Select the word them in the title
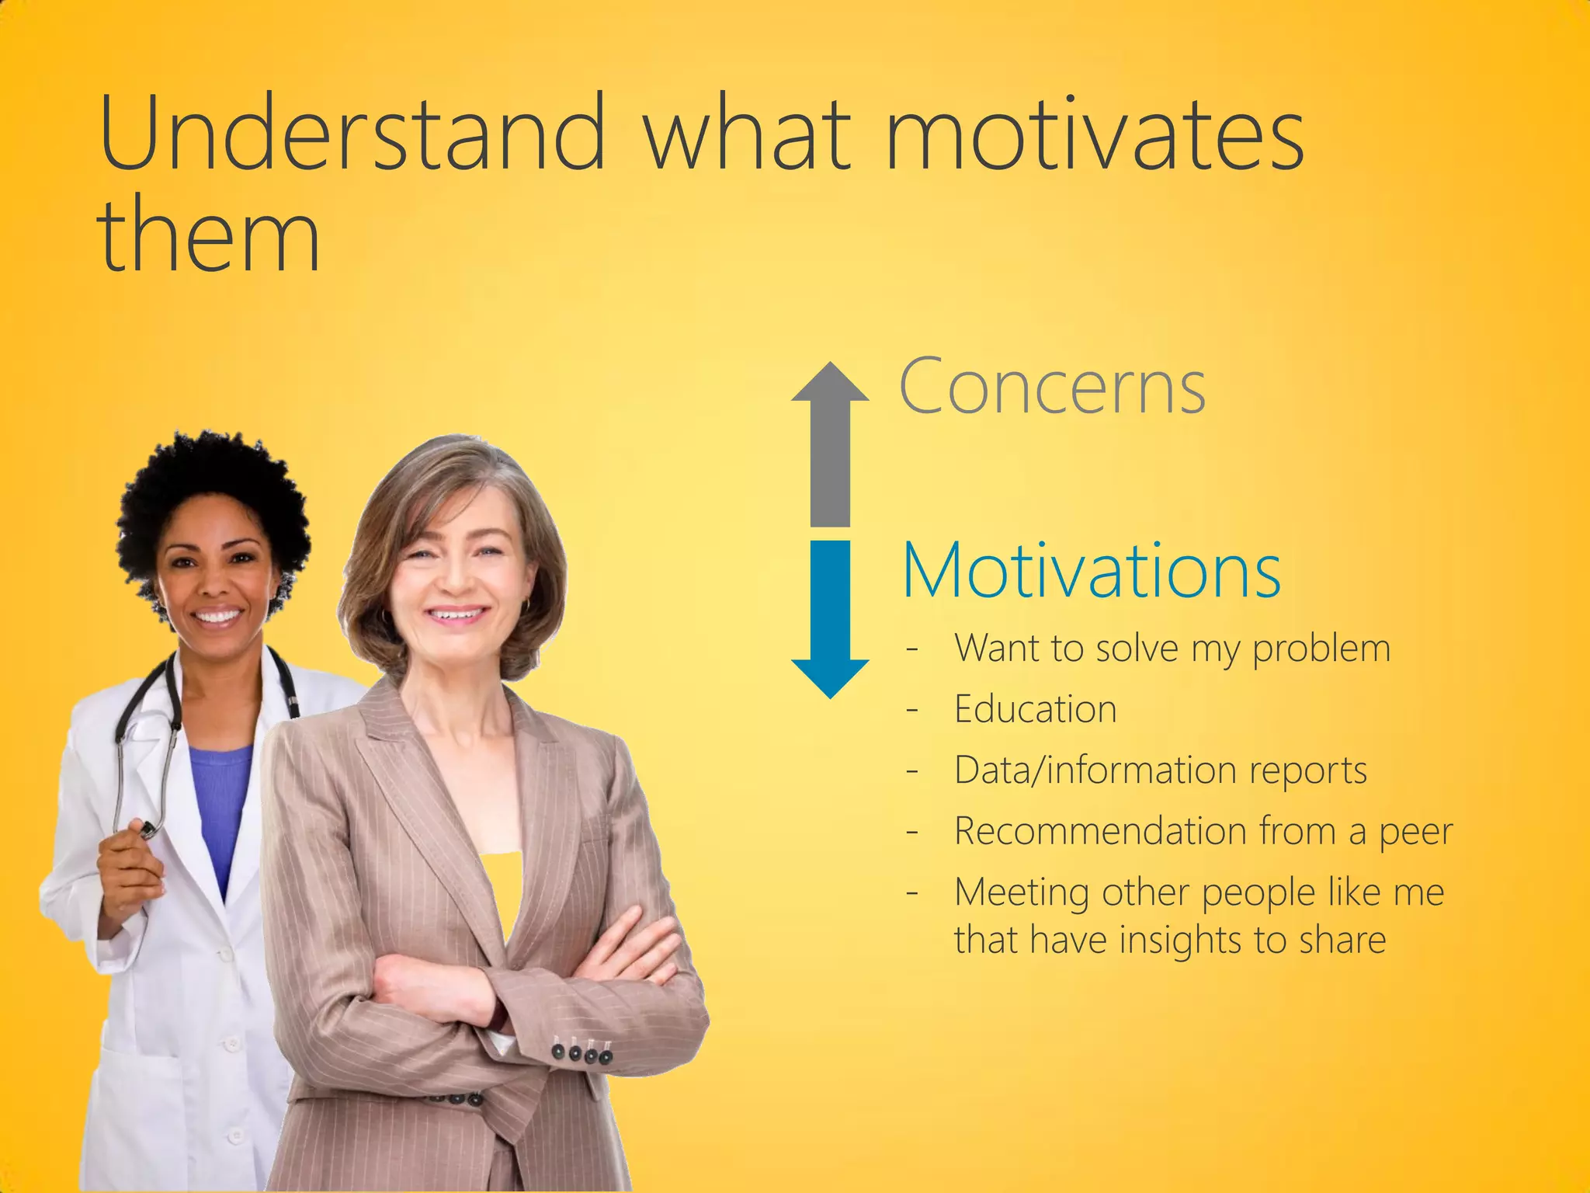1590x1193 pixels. [x=208, y=235]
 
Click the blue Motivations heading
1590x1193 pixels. [x=1091, y=572]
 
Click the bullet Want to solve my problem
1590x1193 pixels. [x=1172, y=649]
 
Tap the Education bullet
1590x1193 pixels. [x=1035, y=709]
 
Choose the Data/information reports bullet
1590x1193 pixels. [x=1160, y=770]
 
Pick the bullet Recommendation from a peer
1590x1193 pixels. [x=1203, y=831]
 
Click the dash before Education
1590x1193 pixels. [x=912, y=710]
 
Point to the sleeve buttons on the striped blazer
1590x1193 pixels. [x=581, y=1054]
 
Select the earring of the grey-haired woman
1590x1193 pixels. [x=526, y=604]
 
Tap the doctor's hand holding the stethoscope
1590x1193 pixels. [x=128, y=870]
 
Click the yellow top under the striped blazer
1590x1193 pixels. [x=503, y=885]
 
